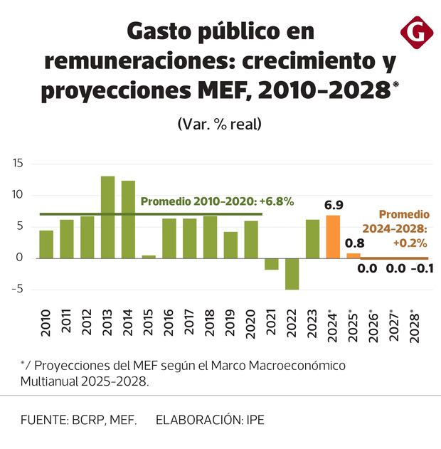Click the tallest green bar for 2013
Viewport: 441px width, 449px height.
[x=107, y=217]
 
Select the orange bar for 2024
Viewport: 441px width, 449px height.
[x=333, y=237]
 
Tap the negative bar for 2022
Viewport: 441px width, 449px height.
[x=292, y=274]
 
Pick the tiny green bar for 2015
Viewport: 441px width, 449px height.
[x=149, y=256]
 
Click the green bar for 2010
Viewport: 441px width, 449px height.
[x=46, y=244]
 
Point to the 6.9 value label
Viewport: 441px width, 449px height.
[x=334, y=206]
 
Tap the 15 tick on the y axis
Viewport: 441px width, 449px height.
[x=18, y=164]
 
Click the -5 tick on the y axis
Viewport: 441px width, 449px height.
[x=18, y=289]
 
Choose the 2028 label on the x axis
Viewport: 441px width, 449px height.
[x=415, y=329]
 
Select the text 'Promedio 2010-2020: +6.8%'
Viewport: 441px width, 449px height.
[x=217, y=201]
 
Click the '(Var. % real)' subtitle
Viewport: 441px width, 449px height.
[x=220, y=123]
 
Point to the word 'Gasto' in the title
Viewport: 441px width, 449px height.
[x=161, y=32]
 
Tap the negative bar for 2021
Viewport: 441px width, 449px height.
[x=272, y=264]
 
